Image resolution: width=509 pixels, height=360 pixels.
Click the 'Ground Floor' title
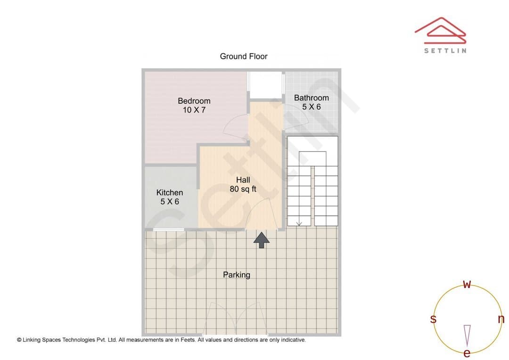tap(244, 57)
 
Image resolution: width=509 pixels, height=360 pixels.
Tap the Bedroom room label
tap(194, 101)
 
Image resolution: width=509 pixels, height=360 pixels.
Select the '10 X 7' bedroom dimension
tap(194, 110)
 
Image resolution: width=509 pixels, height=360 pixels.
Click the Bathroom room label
tap(312, 98)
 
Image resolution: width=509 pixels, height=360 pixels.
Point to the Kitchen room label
tap(170, 193)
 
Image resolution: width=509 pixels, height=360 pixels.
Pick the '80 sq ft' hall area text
tap(243, 189)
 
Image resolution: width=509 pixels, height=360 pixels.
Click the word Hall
tap(243, 180)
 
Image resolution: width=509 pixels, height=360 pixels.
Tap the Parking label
tap(236, 275)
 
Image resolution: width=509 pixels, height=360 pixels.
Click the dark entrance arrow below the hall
tap(261, 239)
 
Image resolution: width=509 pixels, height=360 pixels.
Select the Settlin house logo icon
tap(441, 30)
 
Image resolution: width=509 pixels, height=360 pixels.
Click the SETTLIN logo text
tap(445, 50)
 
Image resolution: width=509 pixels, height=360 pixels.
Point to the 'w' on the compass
tap(467, 284)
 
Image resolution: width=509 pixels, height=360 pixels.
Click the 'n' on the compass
tap(501, 319)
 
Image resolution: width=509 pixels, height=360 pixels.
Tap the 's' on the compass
tap(433, 319)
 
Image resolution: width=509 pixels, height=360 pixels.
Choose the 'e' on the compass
tap(467, 353)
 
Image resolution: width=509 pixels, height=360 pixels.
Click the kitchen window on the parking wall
tap(168, 229)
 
